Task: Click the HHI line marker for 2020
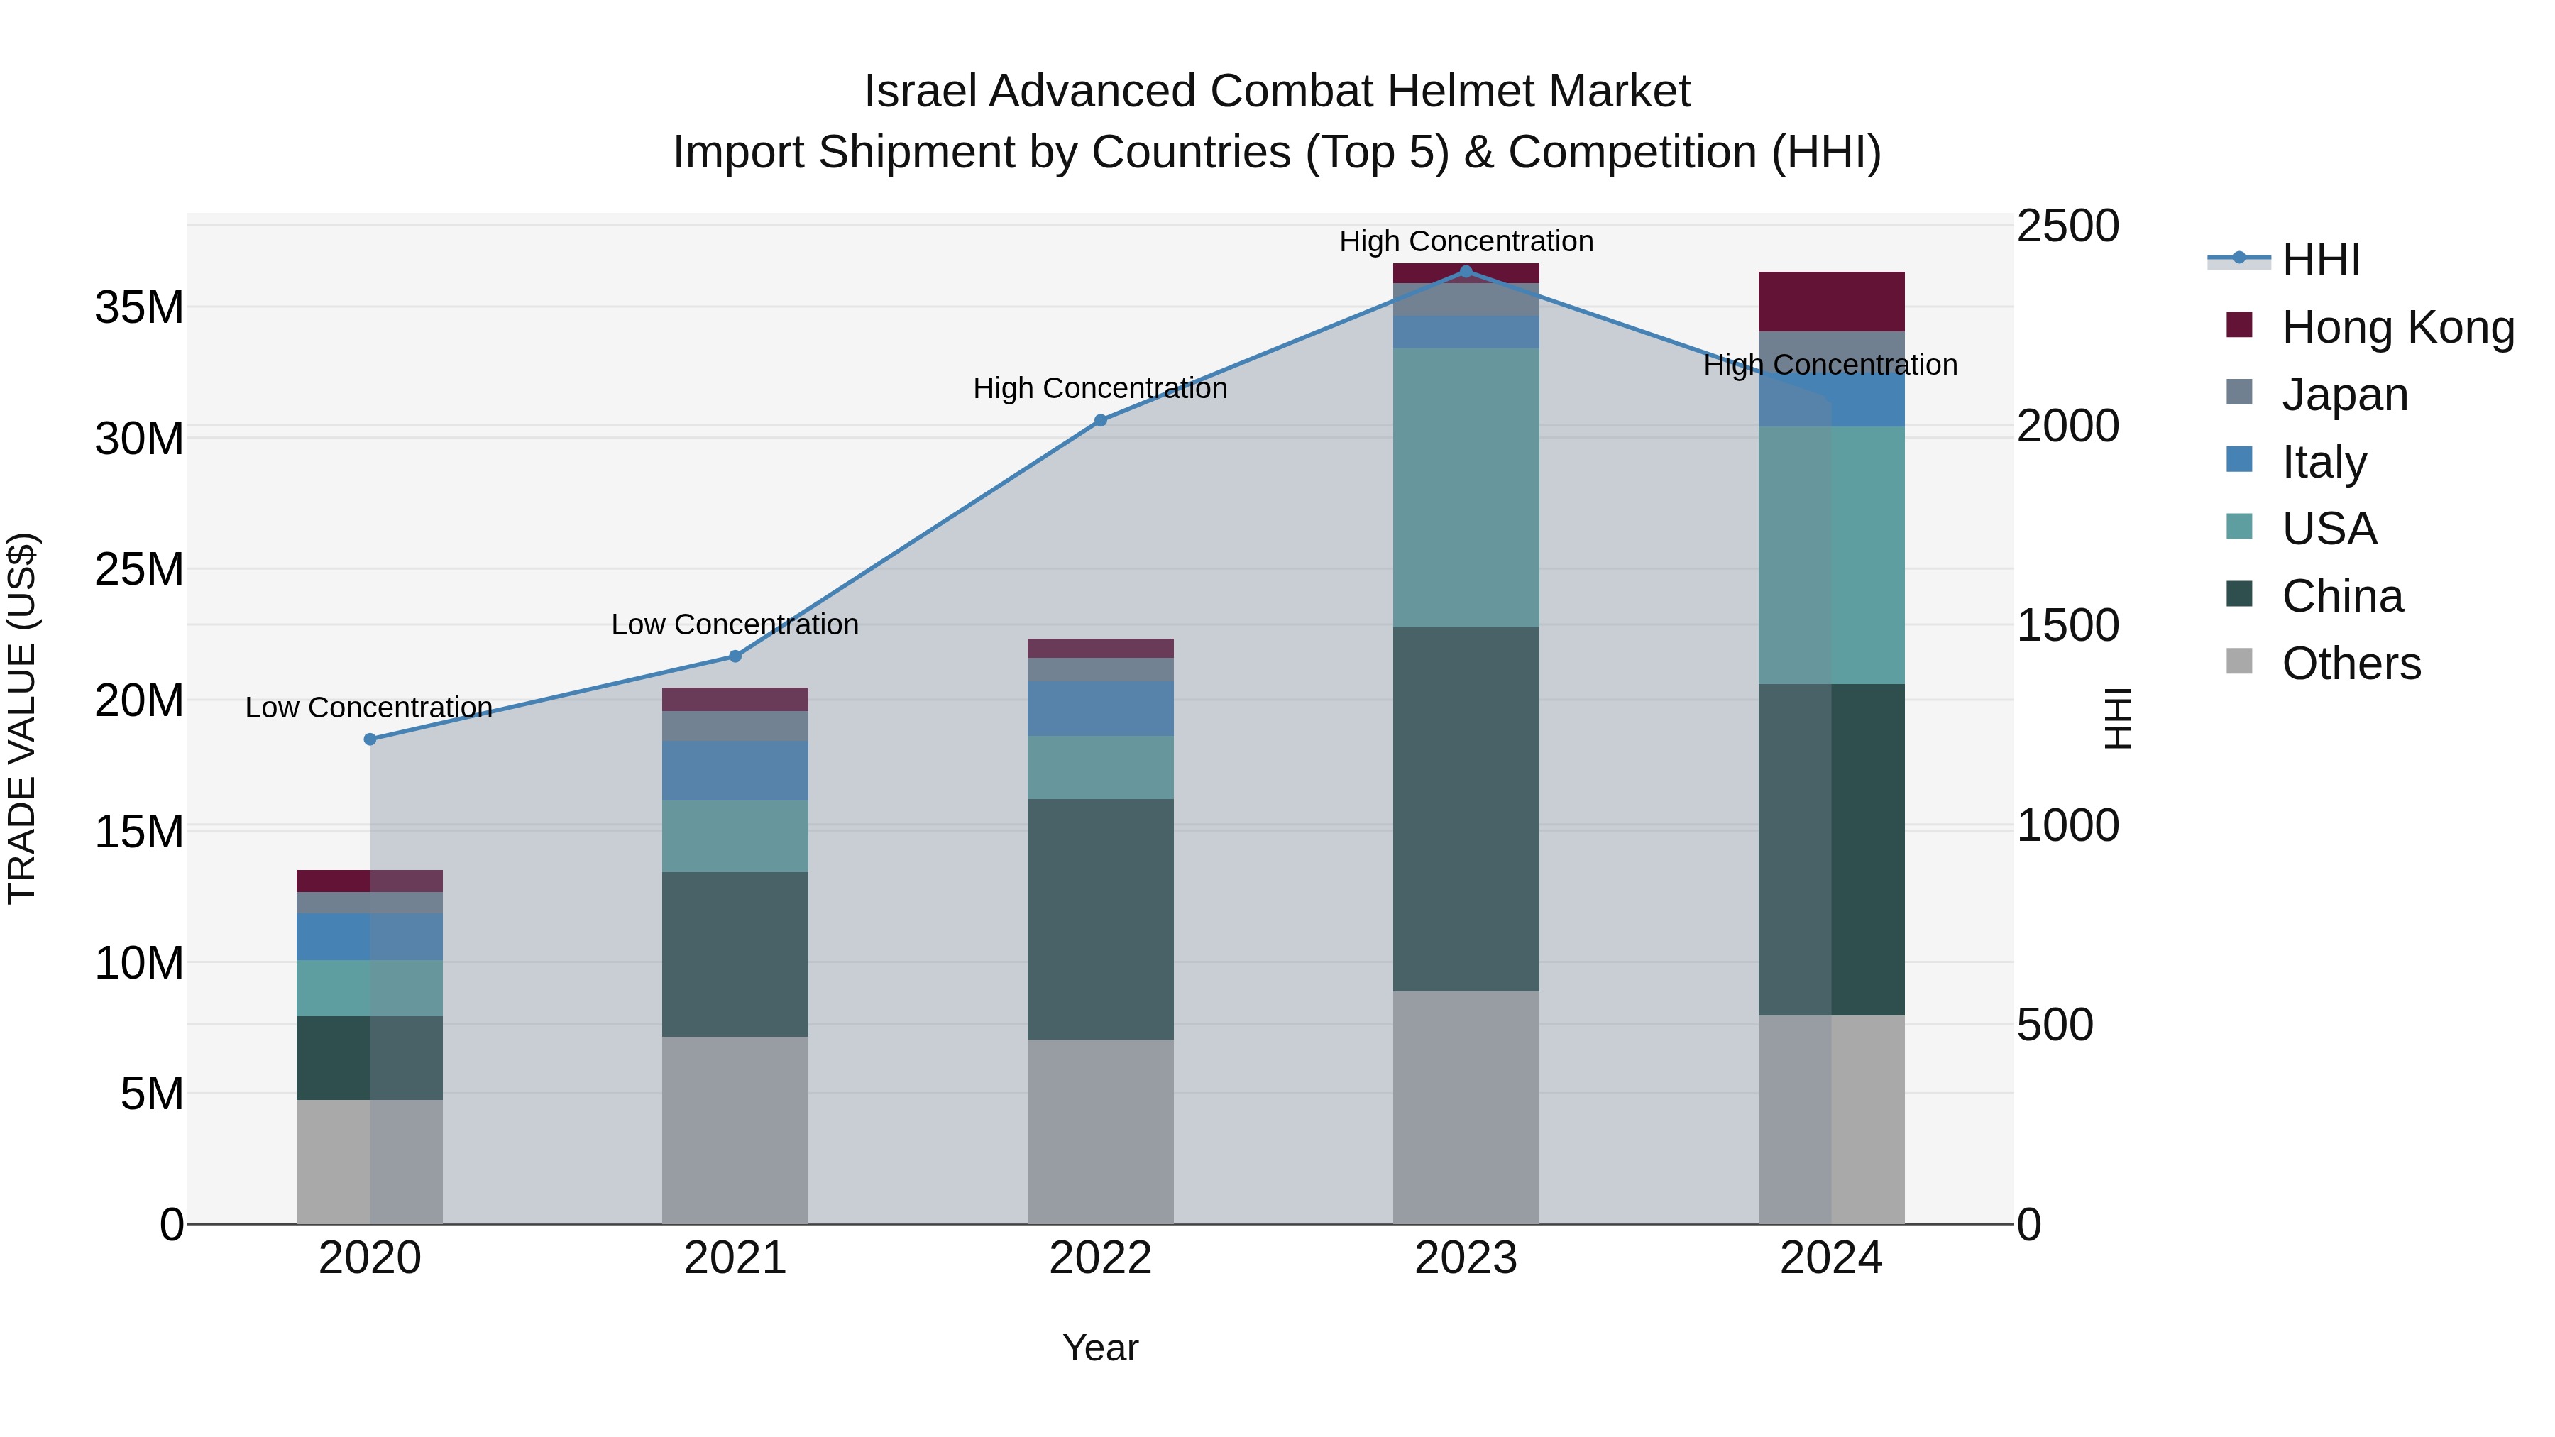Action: (370, 739)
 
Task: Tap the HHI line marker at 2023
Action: (1466, 272)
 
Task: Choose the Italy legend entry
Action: (2323, 462)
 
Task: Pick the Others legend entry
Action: (2350, 664)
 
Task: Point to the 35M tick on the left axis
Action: (139, 307)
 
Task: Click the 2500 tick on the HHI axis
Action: (2068, 226)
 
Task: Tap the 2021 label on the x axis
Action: (735, 1258)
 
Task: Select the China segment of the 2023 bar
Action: (1466, 808)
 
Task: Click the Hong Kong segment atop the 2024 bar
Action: (1831, 302)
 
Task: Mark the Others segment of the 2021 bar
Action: (735, 1130)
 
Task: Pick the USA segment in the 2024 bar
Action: (1831, 556)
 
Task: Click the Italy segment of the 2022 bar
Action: (1100, 708)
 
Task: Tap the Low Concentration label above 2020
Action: (369, 707)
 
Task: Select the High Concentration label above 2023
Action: (1466, 241)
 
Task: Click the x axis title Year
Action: (1100, 1348)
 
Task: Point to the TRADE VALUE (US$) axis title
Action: (22, 718)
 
